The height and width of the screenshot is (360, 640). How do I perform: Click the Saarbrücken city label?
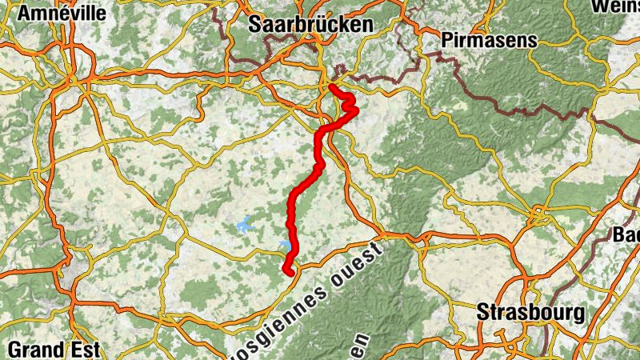click(311, 25)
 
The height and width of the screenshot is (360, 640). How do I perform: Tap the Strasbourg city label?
click(530, 312)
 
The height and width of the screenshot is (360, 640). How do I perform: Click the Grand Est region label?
click(54, 349)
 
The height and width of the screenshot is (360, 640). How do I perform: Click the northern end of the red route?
click(331, 86)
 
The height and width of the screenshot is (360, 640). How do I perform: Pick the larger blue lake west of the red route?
click(243, 225)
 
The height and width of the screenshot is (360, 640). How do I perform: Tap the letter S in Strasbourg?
click(483, 312)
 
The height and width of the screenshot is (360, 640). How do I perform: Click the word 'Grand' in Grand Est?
click(38, 349)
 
